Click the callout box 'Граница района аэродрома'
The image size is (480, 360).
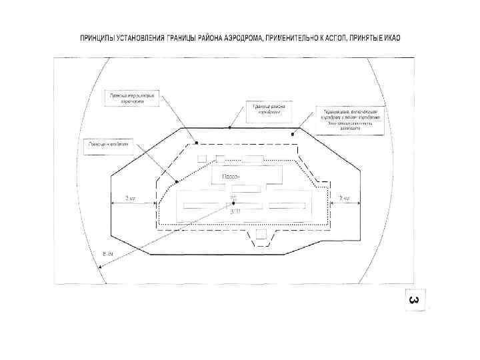pyautogui.click(x=265, y=111)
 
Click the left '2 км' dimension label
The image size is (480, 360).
pyautogui.click(x=131, y=199)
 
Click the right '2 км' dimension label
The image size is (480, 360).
pyautogui.click(x=343, y=199)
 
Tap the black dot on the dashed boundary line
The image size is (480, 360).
pyautogui.click(x=197, y=142)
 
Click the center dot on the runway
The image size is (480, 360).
pyautogui.click(x=233, y=205)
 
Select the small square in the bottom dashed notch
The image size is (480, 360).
pyautogui.click(x=261, y=236)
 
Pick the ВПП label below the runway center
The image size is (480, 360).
pyautogui.click(x=233, y=212)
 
